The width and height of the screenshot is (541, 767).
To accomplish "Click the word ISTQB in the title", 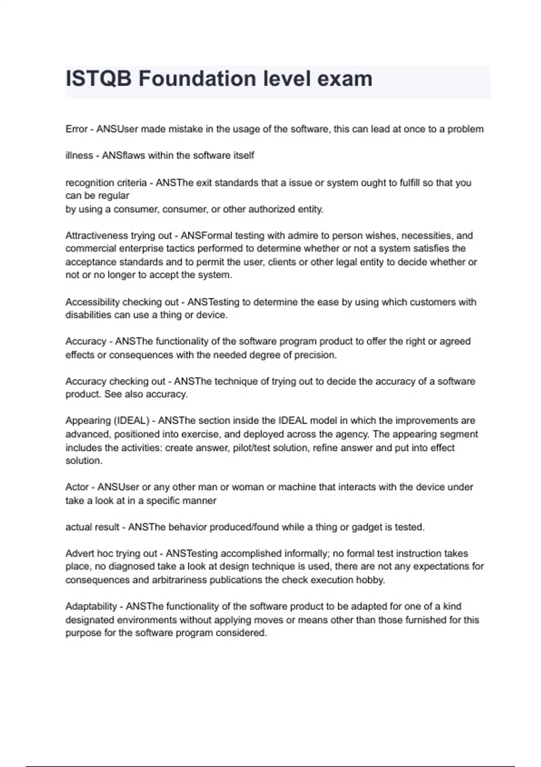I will [x=99, y=79].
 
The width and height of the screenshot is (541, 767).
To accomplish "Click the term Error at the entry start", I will [x=77, y=129].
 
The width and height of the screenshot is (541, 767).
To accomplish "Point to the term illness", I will [x=79, y=156].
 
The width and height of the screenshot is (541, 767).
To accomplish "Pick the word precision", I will [x=315, y=355].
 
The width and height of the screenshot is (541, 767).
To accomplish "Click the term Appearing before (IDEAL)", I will [x=88, y=420].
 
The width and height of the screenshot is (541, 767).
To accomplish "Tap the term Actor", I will [x=77, y=487].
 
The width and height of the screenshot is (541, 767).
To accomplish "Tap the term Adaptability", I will [x=91, y=606].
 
